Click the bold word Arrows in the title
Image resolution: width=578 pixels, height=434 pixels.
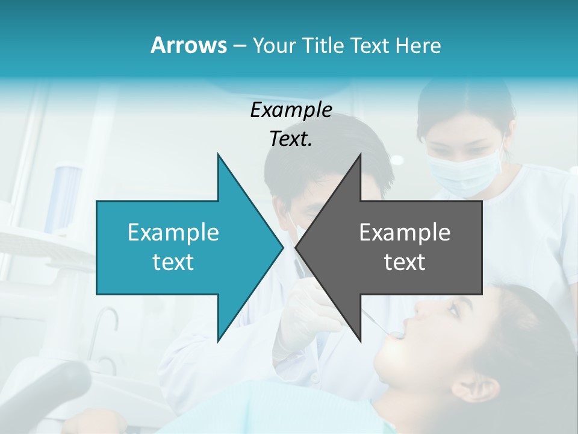click(188, 45)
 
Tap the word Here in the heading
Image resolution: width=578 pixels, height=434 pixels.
click(418, 45)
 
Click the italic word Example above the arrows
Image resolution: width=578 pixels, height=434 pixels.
click(291, 110)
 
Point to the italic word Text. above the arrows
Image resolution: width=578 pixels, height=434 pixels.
click(291, 139)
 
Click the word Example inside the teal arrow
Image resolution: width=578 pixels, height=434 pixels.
click(173, 232)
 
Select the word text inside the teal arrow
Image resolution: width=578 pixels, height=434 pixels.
click(173, 262)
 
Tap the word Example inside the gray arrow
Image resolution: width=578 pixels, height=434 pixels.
click(405, 232)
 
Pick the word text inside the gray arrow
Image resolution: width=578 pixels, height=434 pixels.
click(405, 262)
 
